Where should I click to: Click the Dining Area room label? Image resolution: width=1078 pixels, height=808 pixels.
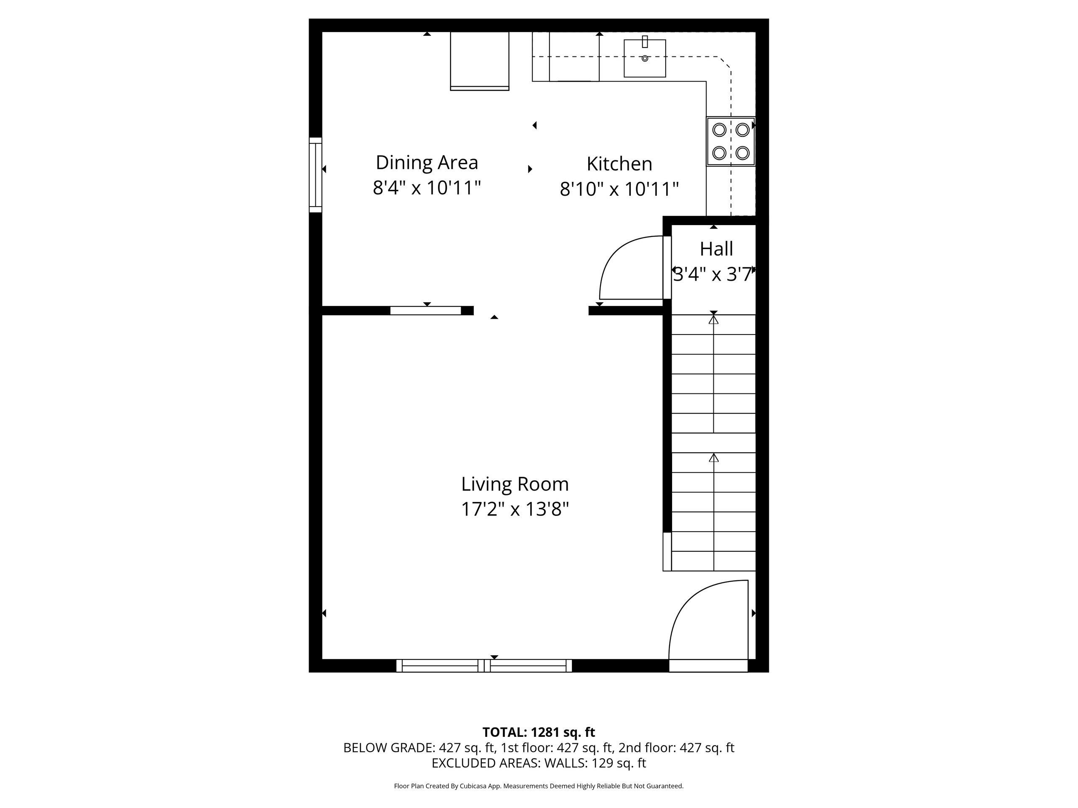point(427,163)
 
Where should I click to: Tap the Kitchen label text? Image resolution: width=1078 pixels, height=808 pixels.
point(619,164)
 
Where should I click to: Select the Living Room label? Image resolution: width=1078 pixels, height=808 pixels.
point(515,484)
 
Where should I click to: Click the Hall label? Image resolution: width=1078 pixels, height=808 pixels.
point(716,249)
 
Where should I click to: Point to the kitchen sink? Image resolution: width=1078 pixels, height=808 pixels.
point(645,58)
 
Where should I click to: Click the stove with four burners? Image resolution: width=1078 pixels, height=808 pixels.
point(731,141)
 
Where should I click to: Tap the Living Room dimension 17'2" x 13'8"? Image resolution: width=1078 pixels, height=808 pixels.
point(515,510)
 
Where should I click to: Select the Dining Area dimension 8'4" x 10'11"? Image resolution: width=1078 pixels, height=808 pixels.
point(427,188)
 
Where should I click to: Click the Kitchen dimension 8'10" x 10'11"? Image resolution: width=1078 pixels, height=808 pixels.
point(619,189)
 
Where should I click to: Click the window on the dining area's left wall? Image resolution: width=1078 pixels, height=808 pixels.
point(315,175)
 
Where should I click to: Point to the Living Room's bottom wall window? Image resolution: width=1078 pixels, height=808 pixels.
point(484,666)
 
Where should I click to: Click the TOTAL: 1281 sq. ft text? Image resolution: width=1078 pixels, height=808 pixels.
point(539,732)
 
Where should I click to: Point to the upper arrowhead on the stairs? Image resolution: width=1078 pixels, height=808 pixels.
point(714,319)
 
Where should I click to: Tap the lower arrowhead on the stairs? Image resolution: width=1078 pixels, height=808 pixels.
point(714,458)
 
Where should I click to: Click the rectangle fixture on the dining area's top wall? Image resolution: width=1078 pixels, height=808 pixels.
point(480,61)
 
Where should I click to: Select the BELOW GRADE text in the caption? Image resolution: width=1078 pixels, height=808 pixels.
point(387,747)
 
